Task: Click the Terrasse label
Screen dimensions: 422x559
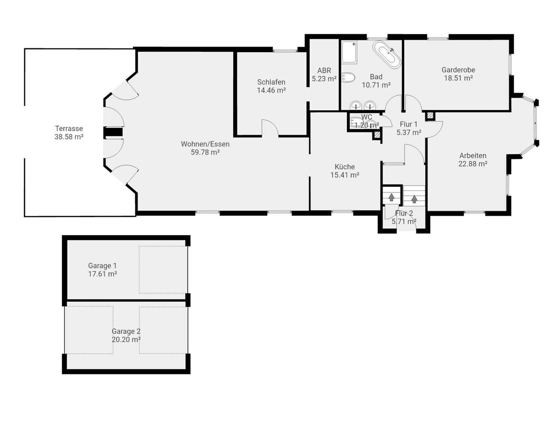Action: pos(69,129)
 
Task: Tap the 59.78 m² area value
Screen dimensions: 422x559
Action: pos(205,152)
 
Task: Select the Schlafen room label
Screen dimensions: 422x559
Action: pos(271,82)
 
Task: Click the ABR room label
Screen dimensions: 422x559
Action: pos(324,71)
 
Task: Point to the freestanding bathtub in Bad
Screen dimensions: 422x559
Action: pos(387,55)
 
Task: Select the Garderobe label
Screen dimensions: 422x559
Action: pos(458,70)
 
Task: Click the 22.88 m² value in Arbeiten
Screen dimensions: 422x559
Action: pos(473,164)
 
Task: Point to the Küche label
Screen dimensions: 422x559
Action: pos(345,167)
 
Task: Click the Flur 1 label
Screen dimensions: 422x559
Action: pos(409,124)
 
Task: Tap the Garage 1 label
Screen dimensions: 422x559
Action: pos(102,266)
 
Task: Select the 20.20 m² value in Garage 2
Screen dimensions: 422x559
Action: pos(126,340)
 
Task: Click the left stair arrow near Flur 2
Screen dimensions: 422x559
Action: pos(391,197)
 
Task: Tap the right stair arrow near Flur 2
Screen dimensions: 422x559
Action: pos(414,199)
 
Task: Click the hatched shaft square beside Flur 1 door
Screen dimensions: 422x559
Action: pos(430,116)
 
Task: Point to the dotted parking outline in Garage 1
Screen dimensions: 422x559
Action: pos(163,270)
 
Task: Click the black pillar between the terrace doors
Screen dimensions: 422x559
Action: pos(113,132)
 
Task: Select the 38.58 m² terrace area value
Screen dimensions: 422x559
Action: pos(69,137)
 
